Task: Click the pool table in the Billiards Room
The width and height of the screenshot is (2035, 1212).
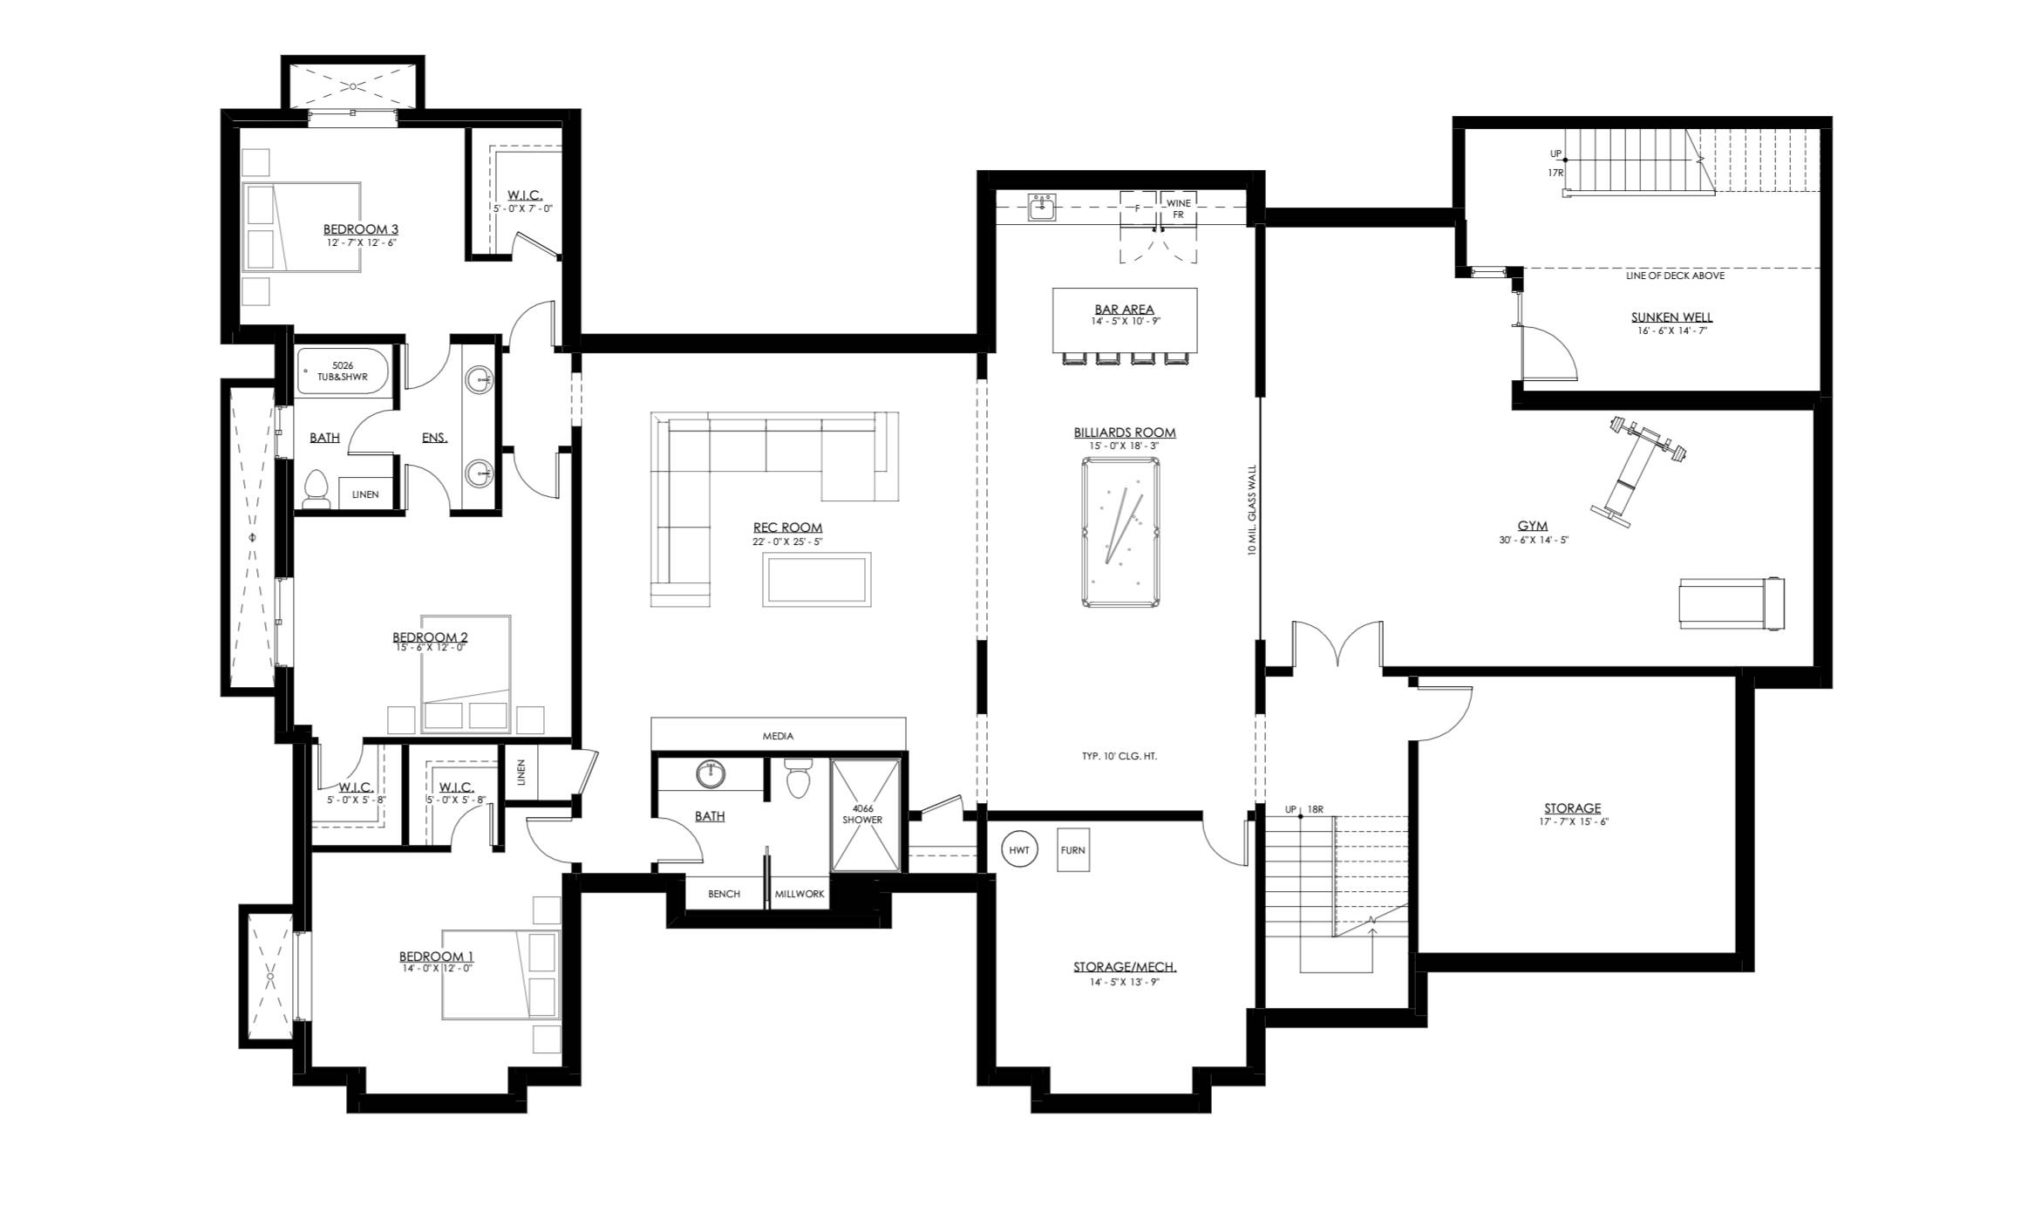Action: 1121,532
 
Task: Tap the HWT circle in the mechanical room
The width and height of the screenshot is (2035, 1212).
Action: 1019,849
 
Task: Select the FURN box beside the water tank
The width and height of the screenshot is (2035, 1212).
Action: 1072,850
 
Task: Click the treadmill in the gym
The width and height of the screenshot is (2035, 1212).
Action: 1732,603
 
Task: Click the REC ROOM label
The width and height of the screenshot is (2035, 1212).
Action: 787,528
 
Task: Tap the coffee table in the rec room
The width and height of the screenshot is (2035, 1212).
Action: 816,580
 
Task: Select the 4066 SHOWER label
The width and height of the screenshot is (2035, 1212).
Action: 861,814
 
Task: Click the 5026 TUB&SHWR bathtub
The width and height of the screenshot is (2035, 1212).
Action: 343,372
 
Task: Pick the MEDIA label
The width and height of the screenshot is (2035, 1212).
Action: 778,736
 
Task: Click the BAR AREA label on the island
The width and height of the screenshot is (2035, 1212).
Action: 1125,310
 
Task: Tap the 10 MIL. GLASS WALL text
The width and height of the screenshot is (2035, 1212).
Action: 1252,510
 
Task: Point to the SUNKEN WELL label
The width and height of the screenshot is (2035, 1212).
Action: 1671,317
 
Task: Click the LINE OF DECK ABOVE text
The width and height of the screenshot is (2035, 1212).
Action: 1675,276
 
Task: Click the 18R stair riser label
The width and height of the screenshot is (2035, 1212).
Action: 1317,809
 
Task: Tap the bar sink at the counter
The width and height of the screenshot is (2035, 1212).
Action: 1041,207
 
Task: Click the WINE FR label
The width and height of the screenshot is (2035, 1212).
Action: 1178,209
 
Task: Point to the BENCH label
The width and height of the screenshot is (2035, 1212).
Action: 724,894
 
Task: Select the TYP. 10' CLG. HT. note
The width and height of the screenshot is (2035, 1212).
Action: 1120,756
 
